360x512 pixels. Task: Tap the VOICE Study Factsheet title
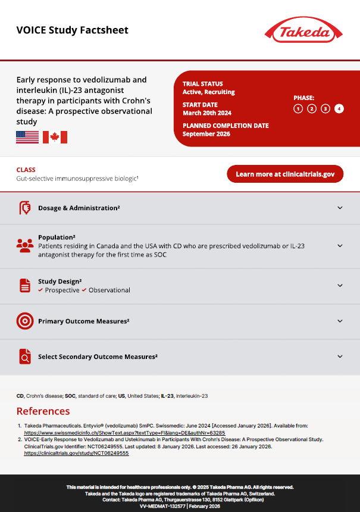point(72,30)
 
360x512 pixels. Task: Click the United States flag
point(27,138)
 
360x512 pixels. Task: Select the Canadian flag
point(55,138)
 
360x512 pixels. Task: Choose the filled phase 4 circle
point(339,108)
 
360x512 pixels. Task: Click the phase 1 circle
point(298,108)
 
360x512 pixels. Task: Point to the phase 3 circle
point(325,108)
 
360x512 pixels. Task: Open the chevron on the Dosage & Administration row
point(340,208)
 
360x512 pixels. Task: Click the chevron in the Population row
point(340,245)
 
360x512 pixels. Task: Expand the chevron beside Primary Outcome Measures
point(340,321)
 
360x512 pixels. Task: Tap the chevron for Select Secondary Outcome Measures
point(340,357)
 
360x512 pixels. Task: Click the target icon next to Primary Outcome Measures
point(24,321)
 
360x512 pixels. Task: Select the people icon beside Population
point(24,245)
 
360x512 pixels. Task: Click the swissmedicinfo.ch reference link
point(124,433)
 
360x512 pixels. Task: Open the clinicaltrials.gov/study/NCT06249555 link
point(76,453)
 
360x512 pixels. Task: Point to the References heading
point(43,411)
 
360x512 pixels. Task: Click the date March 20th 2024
point(207,113)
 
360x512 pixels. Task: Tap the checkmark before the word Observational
point(84,290)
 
